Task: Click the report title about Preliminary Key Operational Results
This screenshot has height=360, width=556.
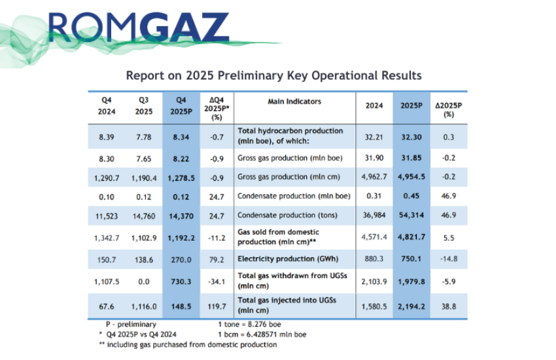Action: point(273,75)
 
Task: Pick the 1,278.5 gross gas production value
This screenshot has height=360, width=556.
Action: point(182,177)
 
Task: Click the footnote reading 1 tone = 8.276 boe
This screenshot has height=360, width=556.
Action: point(253,323)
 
